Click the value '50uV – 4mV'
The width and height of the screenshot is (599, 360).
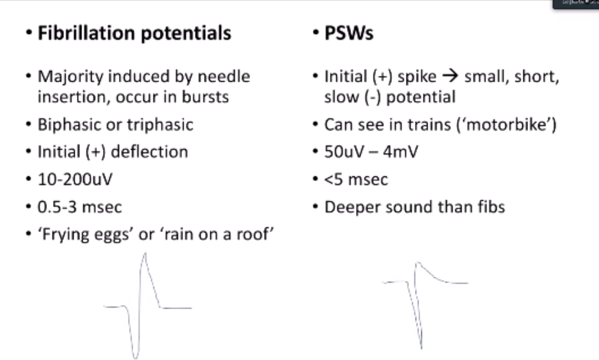pyautogui.click(x=371, y=152)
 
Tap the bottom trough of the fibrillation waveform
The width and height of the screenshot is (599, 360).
pyautogui.click(x=135, y=357)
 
